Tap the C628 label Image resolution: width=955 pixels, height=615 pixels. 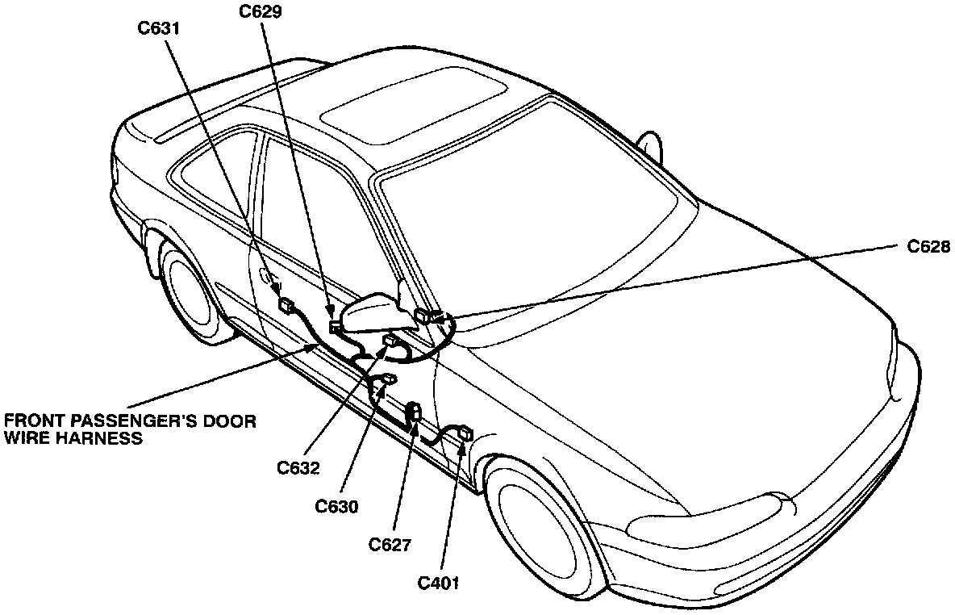(x=928, y=246)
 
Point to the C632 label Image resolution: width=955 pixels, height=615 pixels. (x=298, y=467)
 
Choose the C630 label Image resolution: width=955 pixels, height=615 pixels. (x=337, y=506)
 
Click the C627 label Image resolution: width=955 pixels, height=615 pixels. (x=390, y=545)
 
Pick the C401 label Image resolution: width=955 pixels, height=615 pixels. (x=439, y=582)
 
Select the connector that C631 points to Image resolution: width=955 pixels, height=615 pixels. (x=286, y=305)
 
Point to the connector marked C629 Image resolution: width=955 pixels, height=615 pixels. (x=335, y=325)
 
